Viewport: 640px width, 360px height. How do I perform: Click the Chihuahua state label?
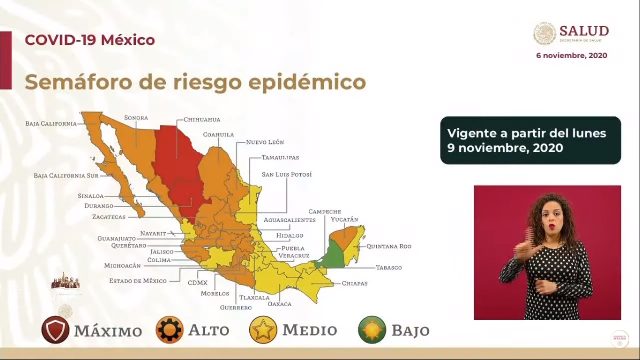point(201,120)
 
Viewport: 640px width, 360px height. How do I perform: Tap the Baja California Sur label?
point(66,175)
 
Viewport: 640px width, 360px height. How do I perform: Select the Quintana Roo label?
point(389,246)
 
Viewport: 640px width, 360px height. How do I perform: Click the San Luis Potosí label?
point(286,174)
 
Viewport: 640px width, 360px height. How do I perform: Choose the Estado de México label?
point(138,281)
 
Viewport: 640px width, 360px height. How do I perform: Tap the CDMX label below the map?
point(197,283)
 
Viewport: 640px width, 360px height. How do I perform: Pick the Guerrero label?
point(236,307)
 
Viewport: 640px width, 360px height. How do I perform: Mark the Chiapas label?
point(354,283)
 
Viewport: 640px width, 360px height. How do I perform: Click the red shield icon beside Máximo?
point(55,330)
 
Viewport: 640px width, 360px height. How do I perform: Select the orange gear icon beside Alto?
point(170,330)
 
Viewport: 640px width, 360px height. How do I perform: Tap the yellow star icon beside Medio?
point(263,330)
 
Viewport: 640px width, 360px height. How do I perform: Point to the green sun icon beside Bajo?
point(372,330)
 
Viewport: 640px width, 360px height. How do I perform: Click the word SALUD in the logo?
point(584,31)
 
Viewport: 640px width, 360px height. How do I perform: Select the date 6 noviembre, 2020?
point(572,55)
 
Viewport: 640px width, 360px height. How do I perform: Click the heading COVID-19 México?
point(89,40)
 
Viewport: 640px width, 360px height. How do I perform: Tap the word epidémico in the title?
point(307,82)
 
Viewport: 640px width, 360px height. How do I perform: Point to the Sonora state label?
point(136,118)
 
